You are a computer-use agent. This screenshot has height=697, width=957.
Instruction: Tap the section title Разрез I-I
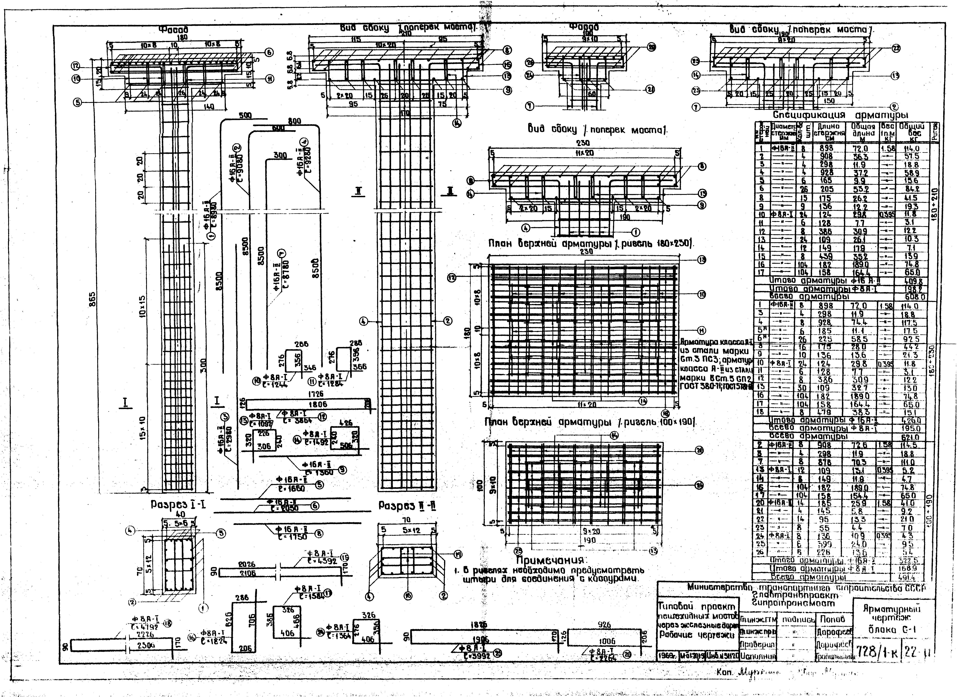pyautogui.click(x=178, y=505)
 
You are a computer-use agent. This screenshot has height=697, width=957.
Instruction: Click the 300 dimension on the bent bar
pyautogui.click(x=280, y=155)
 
